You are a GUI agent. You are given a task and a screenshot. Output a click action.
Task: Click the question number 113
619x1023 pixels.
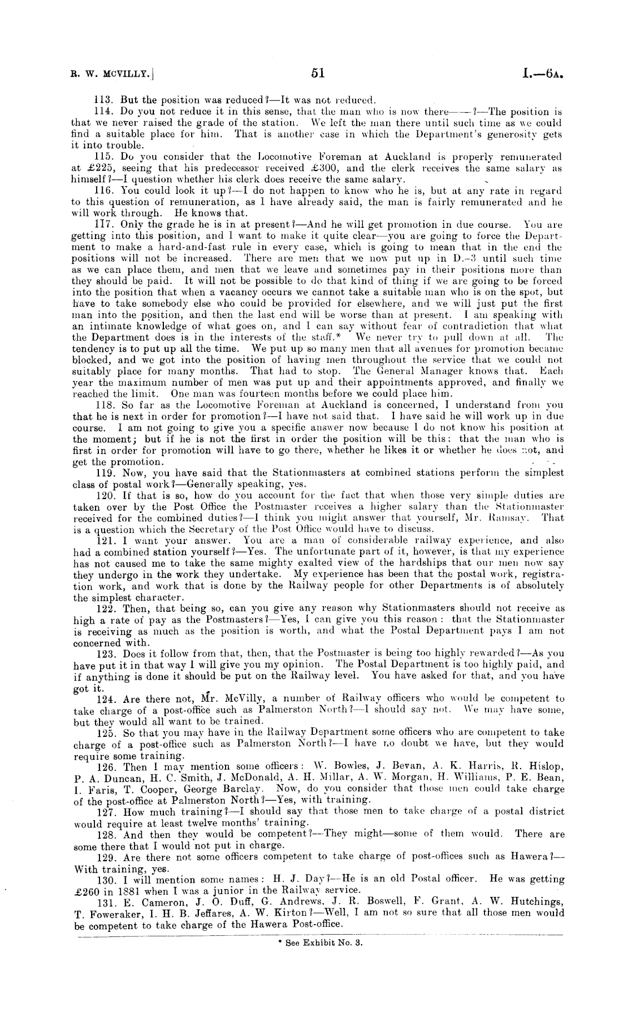click(102, 101)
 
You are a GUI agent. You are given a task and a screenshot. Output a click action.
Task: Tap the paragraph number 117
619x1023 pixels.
click(102, 224)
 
